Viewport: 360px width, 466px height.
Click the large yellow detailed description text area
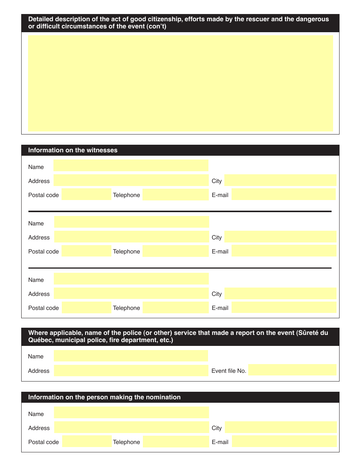(x=180, y=83)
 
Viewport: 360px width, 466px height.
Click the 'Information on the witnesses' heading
(x=73, y=150)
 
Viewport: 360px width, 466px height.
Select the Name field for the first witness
(x=131, y=166)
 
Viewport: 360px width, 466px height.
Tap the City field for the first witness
(x=280, y=180)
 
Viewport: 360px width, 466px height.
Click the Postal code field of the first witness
(x=86, y=195)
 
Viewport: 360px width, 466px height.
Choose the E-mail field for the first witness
(x=283, y=195)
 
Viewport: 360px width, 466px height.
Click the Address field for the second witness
(x=131, y=237)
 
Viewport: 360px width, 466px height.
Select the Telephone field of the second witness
(x=175, y=251)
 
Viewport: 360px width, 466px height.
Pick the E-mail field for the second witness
(x=283, y=251)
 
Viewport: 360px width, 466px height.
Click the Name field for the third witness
(x=131, y=279)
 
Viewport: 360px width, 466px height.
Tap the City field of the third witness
(x=280, y=293)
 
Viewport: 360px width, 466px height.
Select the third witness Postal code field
(x=86, y=308)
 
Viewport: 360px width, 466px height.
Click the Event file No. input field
(x=292, y=370)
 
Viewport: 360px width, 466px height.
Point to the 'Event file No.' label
(x=229, y=371)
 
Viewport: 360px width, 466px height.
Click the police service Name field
(x=131, y=356)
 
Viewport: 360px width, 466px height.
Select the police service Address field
(x=131, y=371)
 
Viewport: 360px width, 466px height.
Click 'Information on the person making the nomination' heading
(x=104, y=397)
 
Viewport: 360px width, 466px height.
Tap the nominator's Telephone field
(x=176, y=442)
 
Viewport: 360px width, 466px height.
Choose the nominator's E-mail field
(x=284, y=441)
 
